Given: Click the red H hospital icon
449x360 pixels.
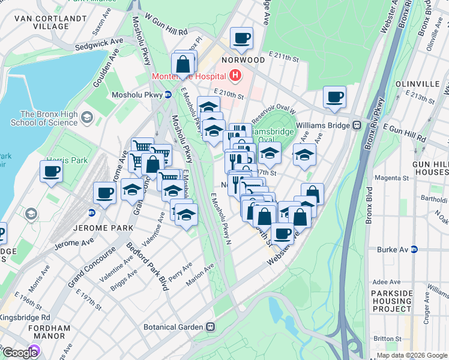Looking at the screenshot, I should [x=235, y=76].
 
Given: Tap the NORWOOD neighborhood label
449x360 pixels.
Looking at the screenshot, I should [x=243, y=60].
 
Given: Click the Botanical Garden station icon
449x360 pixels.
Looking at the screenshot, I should [x=210, y=327].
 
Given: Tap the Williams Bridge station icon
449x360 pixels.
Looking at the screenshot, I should [x=356, y=125].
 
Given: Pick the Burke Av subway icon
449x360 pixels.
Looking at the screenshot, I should [x=414, y=250].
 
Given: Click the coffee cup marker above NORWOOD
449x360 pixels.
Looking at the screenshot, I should [x=242, y=38].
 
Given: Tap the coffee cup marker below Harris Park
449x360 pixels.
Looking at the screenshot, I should [x=52, y=171].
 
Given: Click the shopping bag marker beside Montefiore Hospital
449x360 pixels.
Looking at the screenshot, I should [x=183, y=63].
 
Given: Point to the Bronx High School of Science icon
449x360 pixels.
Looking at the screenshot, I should [x=87, y=116].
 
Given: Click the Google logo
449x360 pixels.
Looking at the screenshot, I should [x=20, y=353].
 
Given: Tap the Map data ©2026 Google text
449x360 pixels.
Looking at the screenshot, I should [x=412, y=355].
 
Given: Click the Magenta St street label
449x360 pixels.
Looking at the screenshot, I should [x=391, y=178].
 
